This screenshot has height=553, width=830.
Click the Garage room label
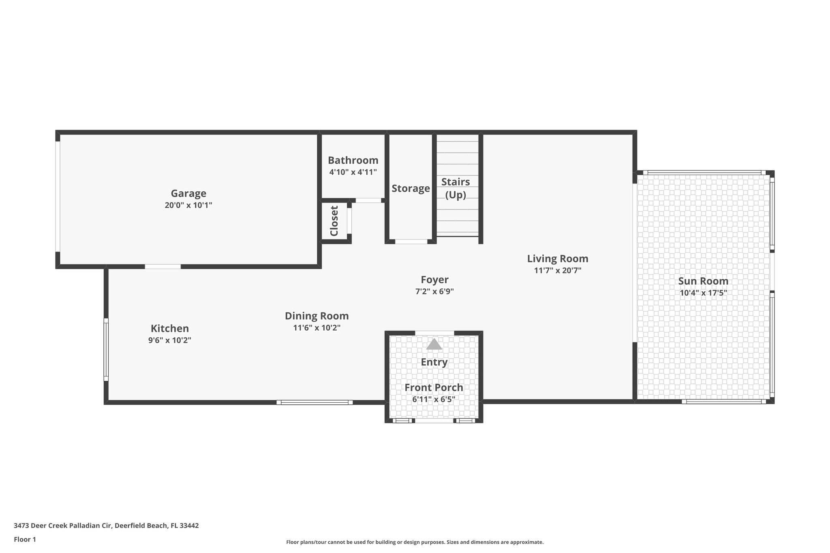(x=188, y=194)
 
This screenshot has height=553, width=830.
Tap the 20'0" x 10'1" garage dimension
(x=188, y=205)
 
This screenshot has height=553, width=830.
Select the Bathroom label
(x=353, y=160)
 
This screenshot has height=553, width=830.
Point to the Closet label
(x=334, y=221)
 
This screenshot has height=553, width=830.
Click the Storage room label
(x=411, y=189)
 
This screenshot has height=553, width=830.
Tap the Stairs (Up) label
(x=456, y=188)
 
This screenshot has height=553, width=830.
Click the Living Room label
(x=557, y=259)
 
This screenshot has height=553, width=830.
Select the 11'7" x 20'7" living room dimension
(x=557, y=271)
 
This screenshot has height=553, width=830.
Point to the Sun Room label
(x=703, y=281)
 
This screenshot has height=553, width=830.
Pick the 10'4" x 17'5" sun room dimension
(x=703, y=293)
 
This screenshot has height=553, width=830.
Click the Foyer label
(x=434, y=280)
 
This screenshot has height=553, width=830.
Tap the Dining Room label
(x=317, y=316)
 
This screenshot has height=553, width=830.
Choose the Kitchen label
(x=170, y=329)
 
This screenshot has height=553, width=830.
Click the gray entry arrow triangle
(x=434, y=345)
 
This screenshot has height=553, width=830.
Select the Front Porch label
(x=434, y=388)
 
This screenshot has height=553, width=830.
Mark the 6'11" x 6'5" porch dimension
(x=434, y=399)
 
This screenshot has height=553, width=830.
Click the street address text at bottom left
(x=106, y=526)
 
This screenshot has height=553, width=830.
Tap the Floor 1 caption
(x=25, y=540)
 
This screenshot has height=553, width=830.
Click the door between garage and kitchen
(x=163, y=267)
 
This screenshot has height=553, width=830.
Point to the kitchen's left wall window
(x=106, y=350)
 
